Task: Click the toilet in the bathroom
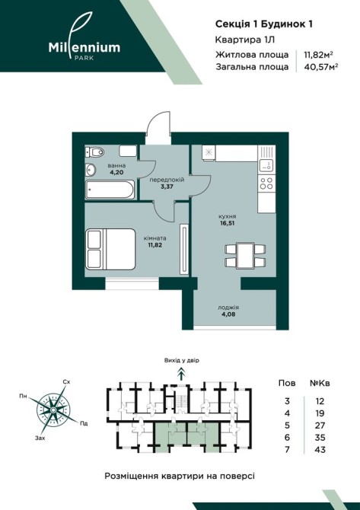click(94, 151)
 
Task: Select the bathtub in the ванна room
click(110, 190)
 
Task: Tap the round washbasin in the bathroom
click(91, 170)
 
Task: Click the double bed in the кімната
click(110, 249)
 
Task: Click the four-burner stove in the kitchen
click(266, 183)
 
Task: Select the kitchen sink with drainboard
click(266, 159)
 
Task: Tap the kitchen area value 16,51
click(228, 223)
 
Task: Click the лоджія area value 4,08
click(228, 314)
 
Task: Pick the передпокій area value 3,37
click(167, 186)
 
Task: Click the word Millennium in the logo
click(84, 47)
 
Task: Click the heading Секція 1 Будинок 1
click(264, 24)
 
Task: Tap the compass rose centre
click(52, 410)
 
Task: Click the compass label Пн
click(23, 396)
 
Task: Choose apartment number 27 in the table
click(320, 426)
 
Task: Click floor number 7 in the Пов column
click(287, 450)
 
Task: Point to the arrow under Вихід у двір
click(181, 374)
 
